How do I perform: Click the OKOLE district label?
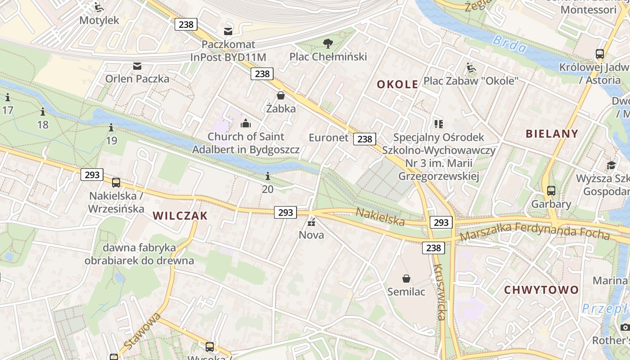coord(397,84)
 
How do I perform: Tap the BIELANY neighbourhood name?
coord(552,134)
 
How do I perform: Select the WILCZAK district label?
coord(180,216)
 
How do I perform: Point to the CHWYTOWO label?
coord(541,290)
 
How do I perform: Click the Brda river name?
coord(509,44)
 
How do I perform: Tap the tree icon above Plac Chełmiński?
coord(328,44)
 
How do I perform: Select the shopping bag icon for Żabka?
coord(281,95)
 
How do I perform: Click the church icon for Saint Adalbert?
coord(246,123)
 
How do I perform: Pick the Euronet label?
coord(328,138)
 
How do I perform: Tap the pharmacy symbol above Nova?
coord(311,222)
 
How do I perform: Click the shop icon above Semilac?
coord(406,279)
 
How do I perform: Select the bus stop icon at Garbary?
coord(551,191)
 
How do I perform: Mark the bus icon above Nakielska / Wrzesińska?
coord(116,183)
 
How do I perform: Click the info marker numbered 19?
coord(112,128)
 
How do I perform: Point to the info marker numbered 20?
coord(268,176)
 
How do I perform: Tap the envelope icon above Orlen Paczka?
coord(137,66)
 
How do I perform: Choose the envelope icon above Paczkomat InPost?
coord(228,31)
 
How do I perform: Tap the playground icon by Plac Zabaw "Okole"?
coord(471,68)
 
